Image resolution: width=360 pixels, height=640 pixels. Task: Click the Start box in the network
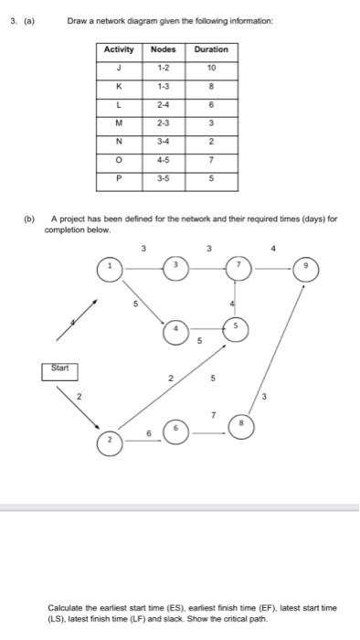tap(60, 371)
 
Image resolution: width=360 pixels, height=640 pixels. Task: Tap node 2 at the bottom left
tap(111, 441)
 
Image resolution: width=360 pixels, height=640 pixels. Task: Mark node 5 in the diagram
tap(235, 326)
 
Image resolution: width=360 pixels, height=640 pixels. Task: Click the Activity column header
tap(119, 49)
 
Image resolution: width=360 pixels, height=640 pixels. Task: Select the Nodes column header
tap(163, 49)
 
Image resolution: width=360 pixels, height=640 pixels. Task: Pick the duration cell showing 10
tap(212, 68)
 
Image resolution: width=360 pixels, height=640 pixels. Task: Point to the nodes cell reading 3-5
tap(163, 179)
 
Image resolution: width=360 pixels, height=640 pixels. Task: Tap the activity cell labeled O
tap(119, 162)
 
